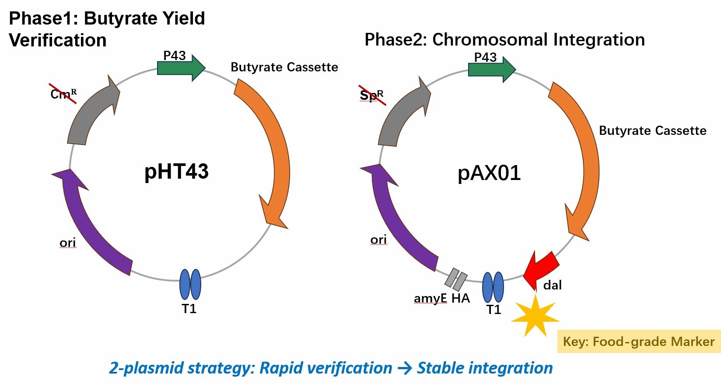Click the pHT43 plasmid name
[176, 171]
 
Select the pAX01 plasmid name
[489, 173]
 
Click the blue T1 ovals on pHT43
[190, 285]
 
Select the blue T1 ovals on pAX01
[493, 287]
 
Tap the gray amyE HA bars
[456, 279]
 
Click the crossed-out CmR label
[63, 94]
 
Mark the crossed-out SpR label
[372, 95]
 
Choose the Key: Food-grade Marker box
[638, 342]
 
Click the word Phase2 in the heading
[395, 40]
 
